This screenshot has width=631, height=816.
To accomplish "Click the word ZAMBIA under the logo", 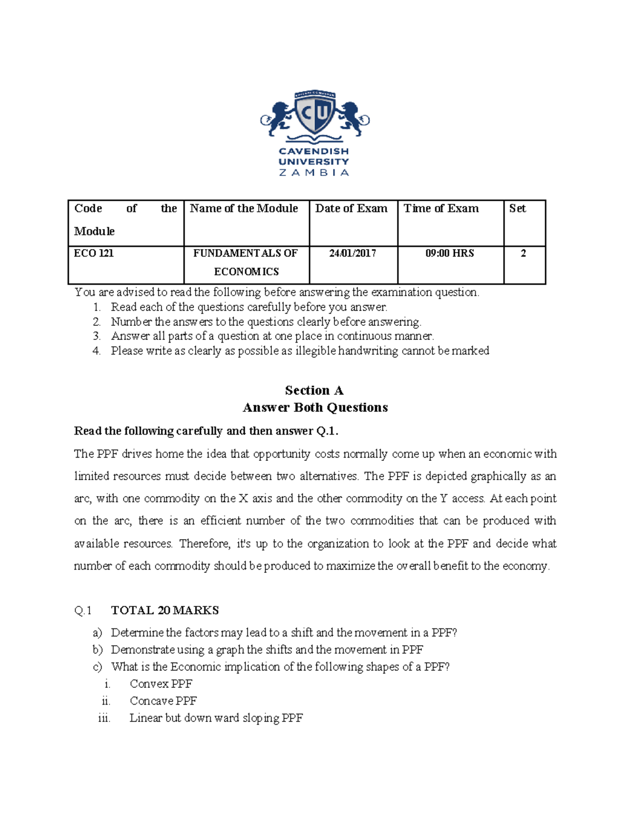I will click(314, 172).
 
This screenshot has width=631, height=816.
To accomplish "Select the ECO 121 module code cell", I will click(94, 253).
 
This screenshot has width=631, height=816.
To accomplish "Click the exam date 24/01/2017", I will click(352, 253).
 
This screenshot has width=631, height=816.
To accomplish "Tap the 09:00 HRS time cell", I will click(450, 253).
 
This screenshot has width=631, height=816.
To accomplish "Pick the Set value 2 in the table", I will click(523, 253).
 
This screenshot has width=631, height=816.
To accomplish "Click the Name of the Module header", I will click(244, 209).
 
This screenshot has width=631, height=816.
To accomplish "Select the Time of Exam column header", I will click(441, 209).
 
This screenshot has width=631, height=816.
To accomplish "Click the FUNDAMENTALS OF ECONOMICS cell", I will click(246, 262).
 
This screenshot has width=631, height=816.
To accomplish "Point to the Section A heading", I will click(314, 390).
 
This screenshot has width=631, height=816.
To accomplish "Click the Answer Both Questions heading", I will click(315, 408).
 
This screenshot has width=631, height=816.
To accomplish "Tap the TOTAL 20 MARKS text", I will click(165, 610).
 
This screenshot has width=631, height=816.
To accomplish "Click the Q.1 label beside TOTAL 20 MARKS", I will click(83, 610).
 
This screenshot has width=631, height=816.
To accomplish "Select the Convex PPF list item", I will click(161, 684).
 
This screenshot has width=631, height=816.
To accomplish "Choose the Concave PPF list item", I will click(163, 701).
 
